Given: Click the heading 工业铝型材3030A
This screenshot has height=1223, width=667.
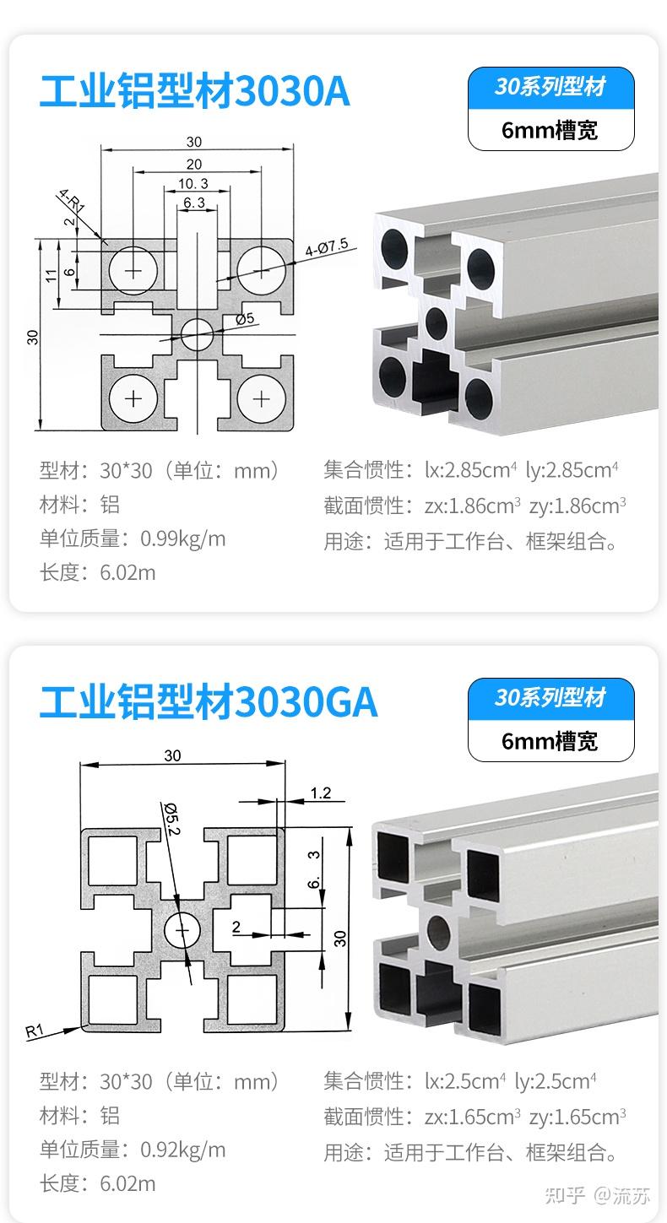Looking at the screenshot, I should [x=194, y=92].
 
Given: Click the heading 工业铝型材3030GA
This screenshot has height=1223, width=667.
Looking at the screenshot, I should [x=208, y=703].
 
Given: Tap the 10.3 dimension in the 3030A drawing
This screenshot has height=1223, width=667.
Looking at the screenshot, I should [x=193, y=183].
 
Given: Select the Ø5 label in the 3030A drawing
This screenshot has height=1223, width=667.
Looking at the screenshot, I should [x=246, y=319].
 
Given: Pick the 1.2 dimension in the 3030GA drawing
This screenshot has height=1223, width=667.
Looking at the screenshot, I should [x=321, y=793].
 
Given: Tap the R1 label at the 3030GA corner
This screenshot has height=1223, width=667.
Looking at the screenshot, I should [x=35, y=1031].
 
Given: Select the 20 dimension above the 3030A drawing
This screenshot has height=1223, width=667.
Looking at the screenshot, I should [x=194, y=164].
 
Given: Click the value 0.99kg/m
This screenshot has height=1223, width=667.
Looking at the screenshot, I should [x=183, y=538].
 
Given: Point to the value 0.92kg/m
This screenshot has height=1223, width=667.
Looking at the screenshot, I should [x=183, y=1150].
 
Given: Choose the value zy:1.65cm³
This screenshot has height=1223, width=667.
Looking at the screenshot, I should [x=578, y=1117].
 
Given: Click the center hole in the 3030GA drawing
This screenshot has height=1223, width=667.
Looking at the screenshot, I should [x=182, y=932].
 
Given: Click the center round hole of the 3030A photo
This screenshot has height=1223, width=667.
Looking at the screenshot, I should [x=437, y=322].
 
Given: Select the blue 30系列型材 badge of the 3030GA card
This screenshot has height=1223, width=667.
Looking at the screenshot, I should [x=550, y=698].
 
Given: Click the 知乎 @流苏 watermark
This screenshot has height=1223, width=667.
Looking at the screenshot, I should [x=598, y=1195].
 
